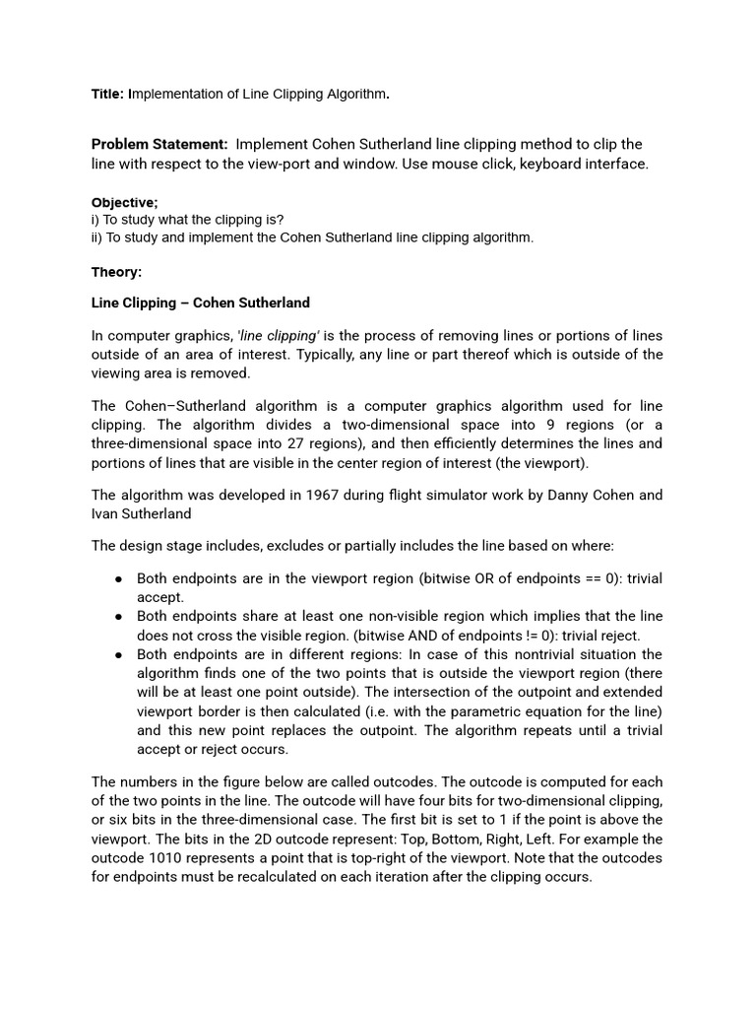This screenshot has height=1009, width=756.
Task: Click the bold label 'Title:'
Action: (x=107, y=95)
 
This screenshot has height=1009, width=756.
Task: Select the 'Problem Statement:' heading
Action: (x=159, y=145)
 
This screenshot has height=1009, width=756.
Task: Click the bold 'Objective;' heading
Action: (x=125, y=202)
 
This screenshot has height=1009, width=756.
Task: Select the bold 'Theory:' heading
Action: (x=117, y=272)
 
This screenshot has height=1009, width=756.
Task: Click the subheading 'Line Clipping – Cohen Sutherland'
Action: (x=201, y=303)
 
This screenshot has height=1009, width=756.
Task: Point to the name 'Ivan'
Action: (x=106, y=513)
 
